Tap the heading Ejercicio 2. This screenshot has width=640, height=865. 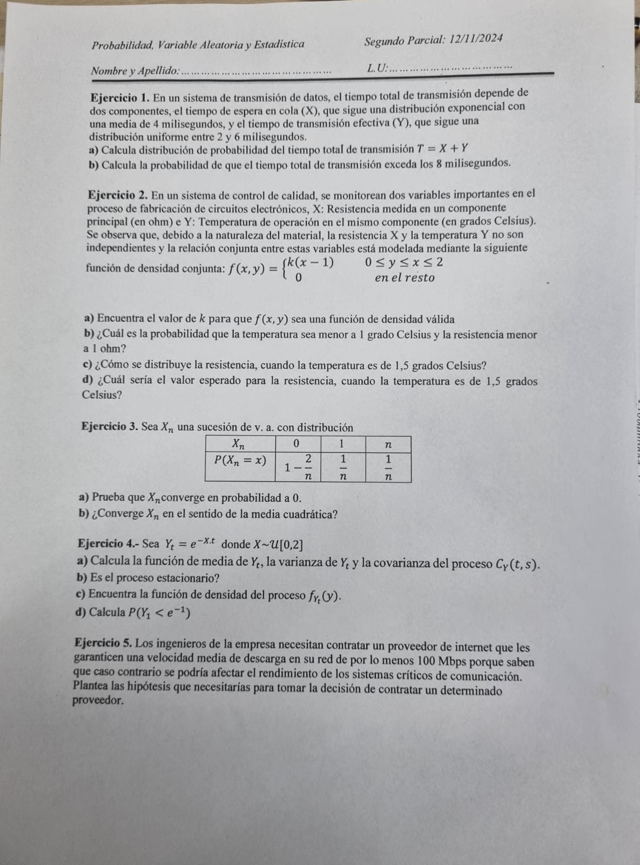tap(118, 195)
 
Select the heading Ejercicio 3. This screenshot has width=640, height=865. tap(110, 427)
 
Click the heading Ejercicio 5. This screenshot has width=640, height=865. tap(104, 643)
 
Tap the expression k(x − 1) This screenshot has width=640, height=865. tap(311, 263)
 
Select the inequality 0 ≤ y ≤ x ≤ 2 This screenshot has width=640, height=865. tap(404, 263)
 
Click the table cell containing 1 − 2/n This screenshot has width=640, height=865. tap(298, 467)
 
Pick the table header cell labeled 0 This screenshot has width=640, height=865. tap(297, 444)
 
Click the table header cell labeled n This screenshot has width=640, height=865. tap(388, 444)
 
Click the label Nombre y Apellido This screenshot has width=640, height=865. tap(134, 71)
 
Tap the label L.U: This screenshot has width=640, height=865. tap(377, 68)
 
